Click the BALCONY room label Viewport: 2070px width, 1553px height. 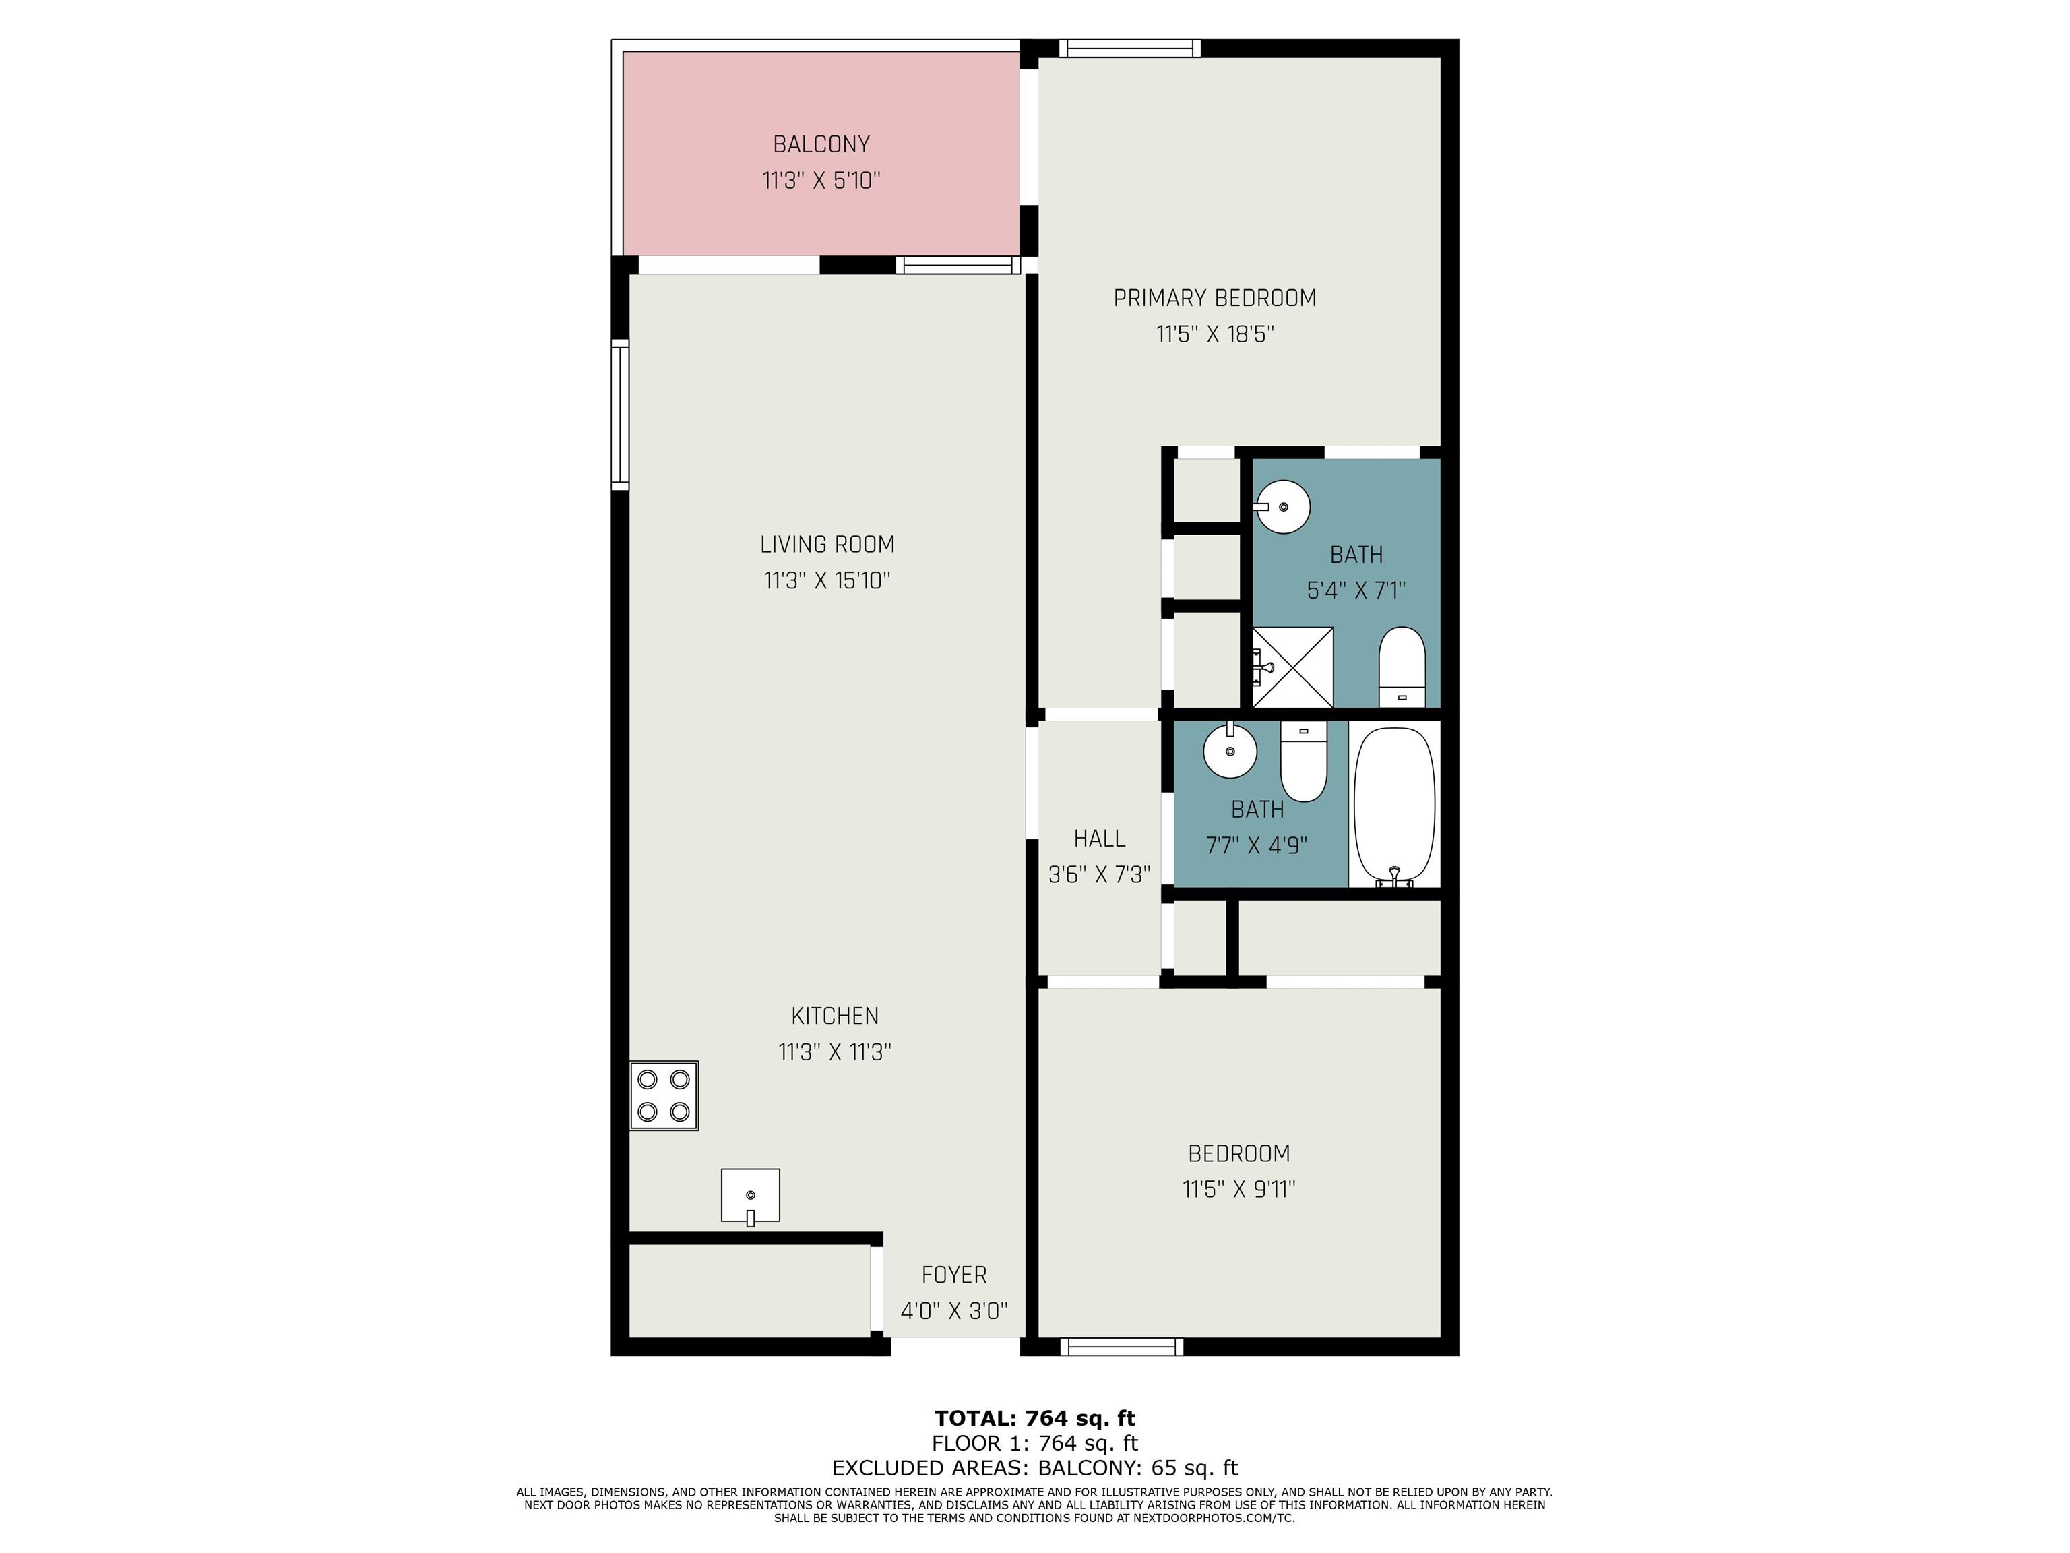pos(821,144)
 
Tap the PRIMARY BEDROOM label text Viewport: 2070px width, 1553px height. pos(1215,298)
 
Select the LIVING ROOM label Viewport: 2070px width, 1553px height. pos(827,544)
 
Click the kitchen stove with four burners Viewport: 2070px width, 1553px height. pos(664,1095)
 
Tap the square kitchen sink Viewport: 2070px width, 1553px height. pos(749,1195)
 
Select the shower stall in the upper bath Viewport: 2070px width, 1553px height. pos(1292,667)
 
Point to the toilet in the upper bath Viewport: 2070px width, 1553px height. pos(1402,667)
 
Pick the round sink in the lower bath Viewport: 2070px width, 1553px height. pos(1230,750)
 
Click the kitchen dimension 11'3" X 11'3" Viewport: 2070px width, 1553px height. pos(835,1052)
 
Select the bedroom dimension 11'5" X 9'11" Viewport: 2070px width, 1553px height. pos(1239,1189)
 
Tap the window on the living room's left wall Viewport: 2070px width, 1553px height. pos(621,415)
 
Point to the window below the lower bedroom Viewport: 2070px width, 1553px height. pos(1122,1347)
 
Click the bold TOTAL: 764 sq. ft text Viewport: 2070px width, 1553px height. pos(1035,1418)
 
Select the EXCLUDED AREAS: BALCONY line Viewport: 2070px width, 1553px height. pos(1035,1468)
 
